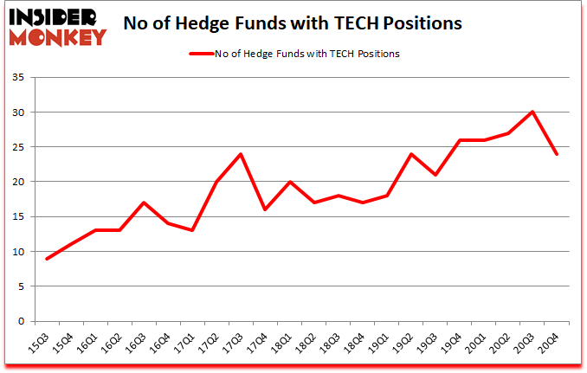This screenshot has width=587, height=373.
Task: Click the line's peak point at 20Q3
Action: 532,112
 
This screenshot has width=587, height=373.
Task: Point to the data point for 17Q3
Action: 240,154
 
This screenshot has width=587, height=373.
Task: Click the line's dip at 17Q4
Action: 264,209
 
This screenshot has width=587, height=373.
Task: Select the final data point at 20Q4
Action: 557,154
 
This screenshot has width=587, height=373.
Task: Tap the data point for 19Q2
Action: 410,154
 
